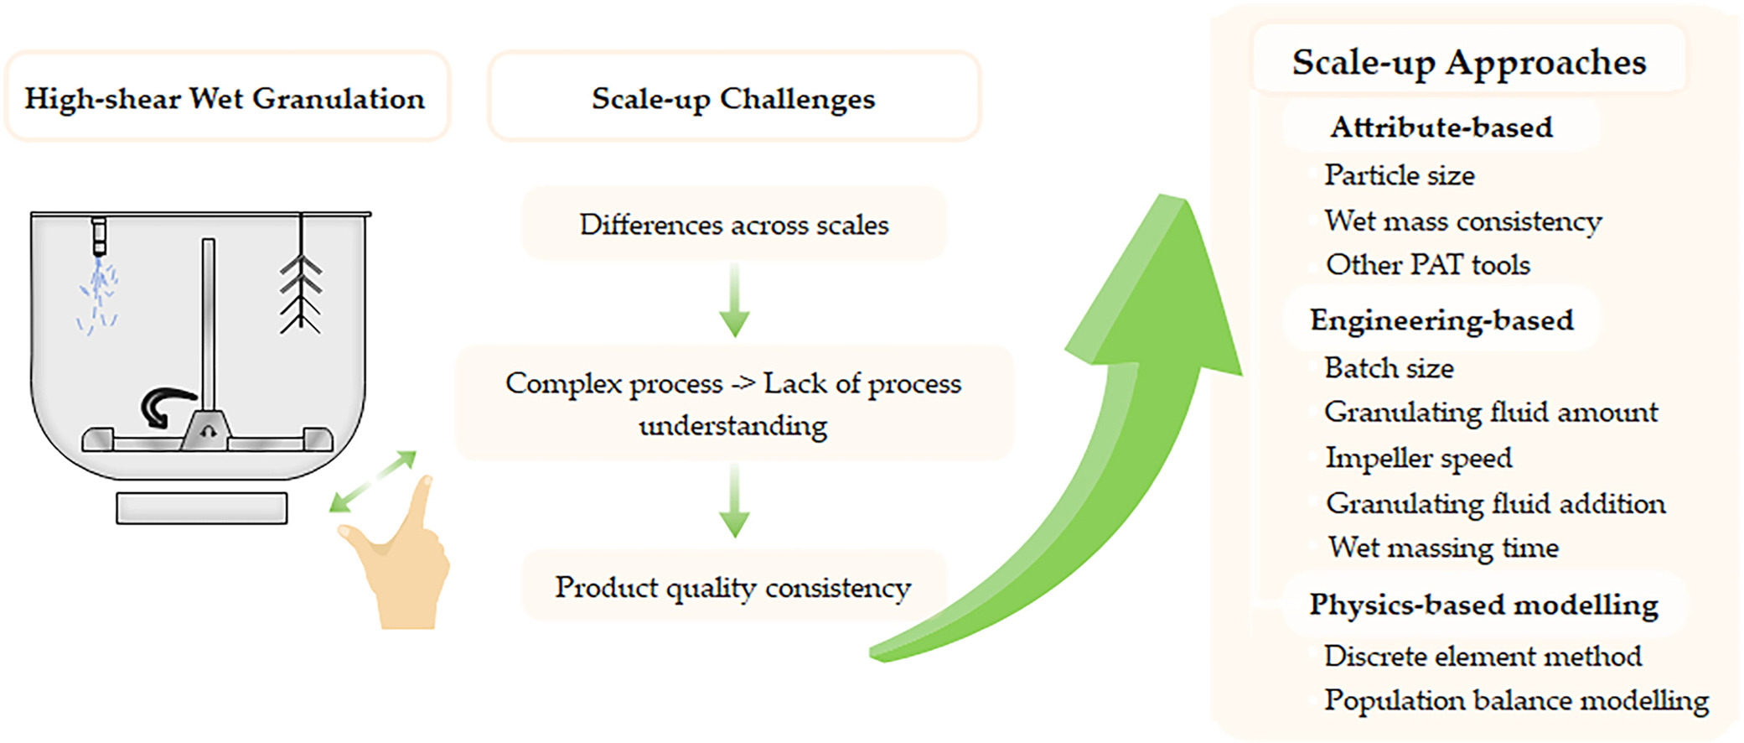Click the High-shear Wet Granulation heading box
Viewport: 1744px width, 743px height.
click(227, 97)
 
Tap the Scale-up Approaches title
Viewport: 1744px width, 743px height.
click(1468, 62)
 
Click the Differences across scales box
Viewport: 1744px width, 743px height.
click(734, 224)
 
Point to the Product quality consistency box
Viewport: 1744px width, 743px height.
click(734, 586)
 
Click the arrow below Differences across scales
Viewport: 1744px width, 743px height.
click(734, 300)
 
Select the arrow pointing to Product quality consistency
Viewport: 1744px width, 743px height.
click(734, 501)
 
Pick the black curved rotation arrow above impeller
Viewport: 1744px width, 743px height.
click(166, 407)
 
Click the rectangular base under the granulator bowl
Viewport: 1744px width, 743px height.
click(202, 508)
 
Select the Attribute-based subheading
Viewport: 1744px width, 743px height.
click(1441, 127)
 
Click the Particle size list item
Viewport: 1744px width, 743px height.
click(1400, 174)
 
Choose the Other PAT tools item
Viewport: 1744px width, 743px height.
click(1428, 264)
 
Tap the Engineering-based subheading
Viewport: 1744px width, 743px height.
click(1442, 320)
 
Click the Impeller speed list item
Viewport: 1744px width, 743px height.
click(1419, 458)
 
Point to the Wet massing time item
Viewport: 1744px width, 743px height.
click(1443, 547)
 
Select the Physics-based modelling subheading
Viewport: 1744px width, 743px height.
click(1484, 605)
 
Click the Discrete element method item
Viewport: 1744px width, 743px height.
click(1483, 655)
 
